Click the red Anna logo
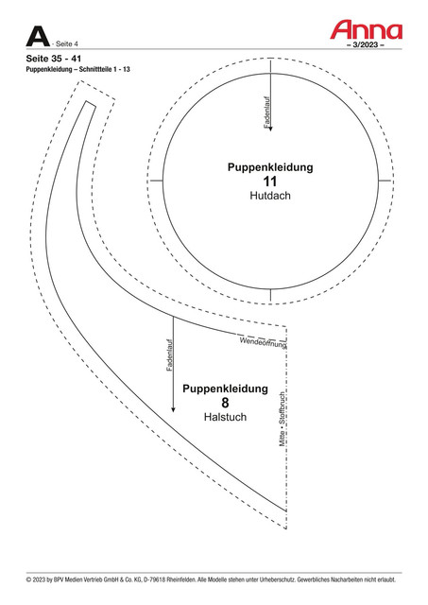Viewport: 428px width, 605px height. (366, 30)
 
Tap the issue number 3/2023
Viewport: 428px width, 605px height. (366, 44)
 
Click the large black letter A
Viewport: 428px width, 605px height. (38, 37)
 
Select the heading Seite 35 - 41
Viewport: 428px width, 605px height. (54, 59)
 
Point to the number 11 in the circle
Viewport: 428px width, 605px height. (270, 181)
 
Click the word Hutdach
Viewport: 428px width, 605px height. (270, 196)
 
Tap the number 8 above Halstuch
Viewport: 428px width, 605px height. (225, 403)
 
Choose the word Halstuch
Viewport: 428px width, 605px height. (225, 417)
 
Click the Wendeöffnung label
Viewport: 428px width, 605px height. (263, 342)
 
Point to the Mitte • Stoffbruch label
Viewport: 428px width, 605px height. (282, 420)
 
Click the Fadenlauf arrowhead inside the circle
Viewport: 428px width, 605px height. (270, 129)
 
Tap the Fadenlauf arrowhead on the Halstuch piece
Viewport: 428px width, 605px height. (173, 409)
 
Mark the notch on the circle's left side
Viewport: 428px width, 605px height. (156, 181)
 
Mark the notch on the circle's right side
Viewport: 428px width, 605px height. (385, 181)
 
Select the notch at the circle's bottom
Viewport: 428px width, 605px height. (270, 295)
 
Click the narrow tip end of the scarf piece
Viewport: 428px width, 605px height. (91, 104)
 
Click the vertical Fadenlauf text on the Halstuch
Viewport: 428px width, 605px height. (170, 355)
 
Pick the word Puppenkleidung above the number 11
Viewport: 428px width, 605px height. (270, 167)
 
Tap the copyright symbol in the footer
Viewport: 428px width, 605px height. (28, 579)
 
